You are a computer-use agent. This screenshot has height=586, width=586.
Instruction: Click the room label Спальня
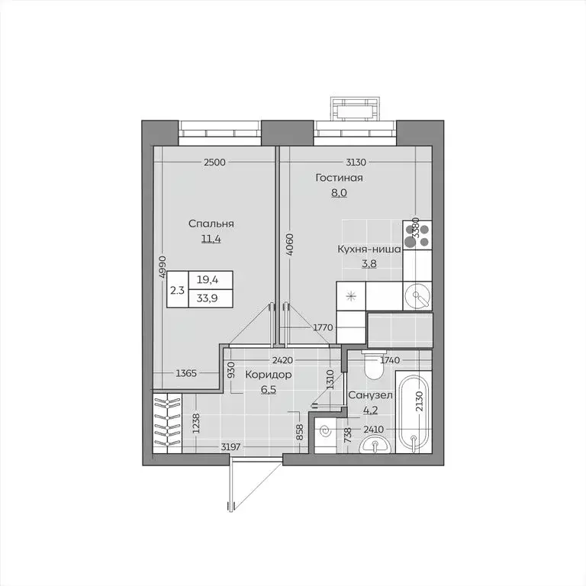pos(211,224)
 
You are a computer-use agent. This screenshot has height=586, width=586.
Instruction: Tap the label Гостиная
pos(339,178)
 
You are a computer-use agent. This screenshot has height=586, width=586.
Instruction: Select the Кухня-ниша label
pos(370,249)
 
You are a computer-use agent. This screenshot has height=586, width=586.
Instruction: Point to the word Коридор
pos(267,375)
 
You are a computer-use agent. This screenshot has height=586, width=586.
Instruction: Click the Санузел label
pos(370,395)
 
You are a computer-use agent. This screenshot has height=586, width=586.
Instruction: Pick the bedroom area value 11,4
pos(211,238)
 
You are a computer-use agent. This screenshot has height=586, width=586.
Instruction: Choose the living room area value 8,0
pos(339,193)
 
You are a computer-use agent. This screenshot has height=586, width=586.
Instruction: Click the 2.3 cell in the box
pos(176,289)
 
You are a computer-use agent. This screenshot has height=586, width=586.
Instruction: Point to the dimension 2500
pos(214,162)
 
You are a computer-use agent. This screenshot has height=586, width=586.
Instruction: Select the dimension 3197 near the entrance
pos(231,446)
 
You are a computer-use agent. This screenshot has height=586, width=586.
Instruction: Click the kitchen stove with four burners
pos(417,234)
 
